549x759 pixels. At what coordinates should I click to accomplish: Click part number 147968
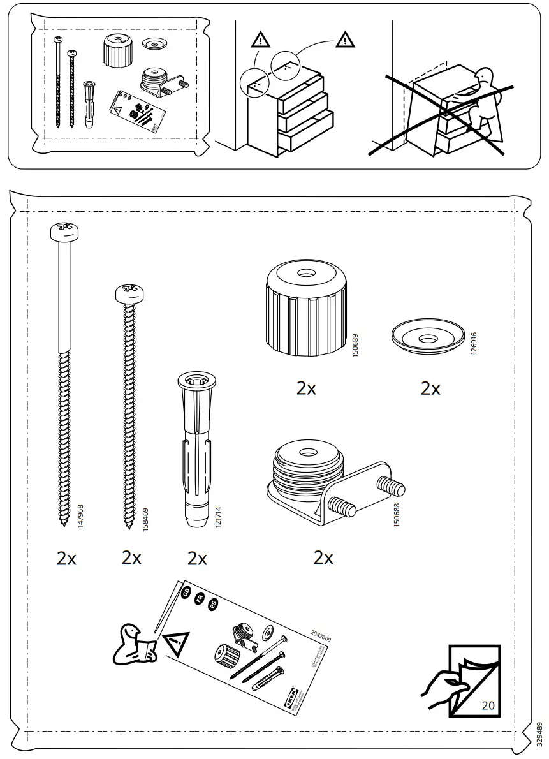pyautogui.click(x=80, y=515)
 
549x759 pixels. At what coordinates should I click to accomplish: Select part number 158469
pyautogui.click(x=145, y=515)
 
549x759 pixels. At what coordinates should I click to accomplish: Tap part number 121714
pyautogui.click(x=218, y=515)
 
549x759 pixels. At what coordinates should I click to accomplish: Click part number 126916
pyautogui.click(x=473, y=343)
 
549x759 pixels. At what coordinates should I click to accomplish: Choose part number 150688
pyautogui.click(x=397, y=513)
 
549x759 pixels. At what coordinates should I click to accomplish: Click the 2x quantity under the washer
pyautogui.click(x=430, y=388)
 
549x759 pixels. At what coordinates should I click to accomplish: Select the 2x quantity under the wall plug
pyautogui.click(x=197, y=559)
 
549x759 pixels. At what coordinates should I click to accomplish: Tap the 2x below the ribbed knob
pyautogui.click(x=307, y=388)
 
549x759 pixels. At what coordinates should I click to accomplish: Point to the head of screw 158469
pyautogui.click(x=130, y=293)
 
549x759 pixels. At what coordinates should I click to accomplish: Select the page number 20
pyautogui.click(x=488, y=706)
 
